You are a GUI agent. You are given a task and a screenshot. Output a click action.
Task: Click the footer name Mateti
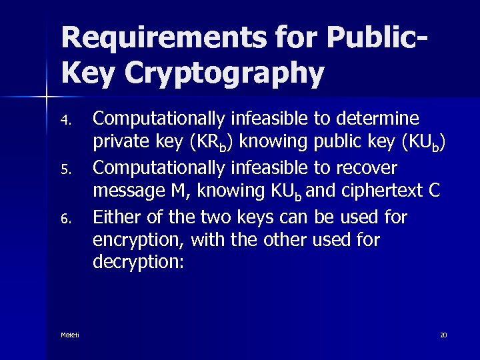pos(70,334)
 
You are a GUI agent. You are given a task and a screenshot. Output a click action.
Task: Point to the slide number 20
pos(443,334)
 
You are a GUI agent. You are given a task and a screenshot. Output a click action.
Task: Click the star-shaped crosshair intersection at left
pos(47,98)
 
